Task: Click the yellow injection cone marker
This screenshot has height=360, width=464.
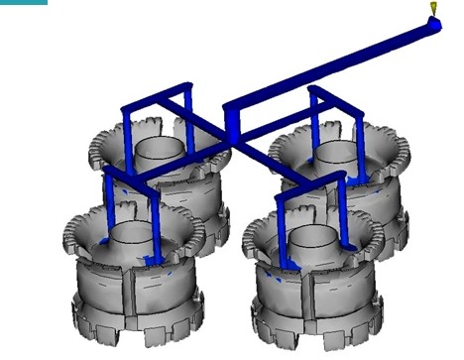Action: [433, 9]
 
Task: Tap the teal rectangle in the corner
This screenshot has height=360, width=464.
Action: [23, 3]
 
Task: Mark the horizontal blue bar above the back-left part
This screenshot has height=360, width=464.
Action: [156, 96]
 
